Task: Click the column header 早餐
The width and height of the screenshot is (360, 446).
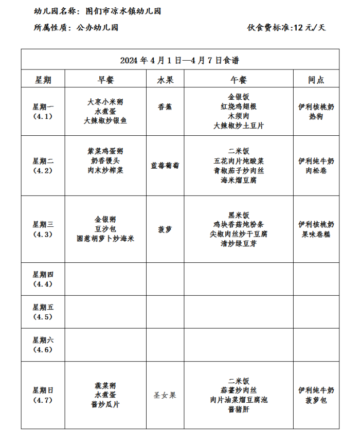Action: (106, 80)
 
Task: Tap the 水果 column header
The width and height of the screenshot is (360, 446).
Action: (165, 80)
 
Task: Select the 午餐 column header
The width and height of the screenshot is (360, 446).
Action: (239, 80)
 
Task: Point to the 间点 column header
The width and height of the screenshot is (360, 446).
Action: (316, 80)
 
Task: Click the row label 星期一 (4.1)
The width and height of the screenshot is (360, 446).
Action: (43, 112)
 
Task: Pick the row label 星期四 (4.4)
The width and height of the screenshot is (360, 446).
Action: (43, 279)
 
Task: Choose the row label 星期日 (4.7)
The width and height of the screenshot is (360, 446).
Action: (43, 395)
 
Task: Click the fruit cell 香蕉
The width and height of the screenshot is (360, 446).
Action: (165, 106)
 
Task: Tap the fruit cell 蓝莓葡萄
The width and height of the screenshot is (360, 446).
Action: (165, 165)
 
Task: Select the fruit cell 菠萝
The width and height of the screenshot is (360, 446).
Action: (165, 229)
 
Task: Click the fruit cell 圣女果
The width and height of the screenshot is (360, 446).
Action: (165, 395)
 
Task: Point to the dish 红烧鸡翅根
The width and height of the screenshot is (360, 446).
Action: (239, 106)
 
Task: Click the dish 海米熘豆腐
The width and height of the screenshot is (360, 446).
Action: (239, 181)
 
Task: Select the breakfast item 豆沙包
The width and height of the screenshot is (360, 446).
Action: (105, 228)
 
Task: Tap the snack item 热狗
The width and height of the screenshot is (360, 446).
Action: (316, 117)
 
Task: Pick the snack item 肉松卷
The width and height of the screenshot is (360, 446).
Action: (316, 170)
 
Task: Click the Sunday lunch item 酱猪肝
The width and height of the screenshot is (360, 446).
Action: (239, 409)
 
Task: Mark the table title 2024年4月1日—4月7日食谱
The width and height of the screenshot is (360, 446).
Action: (179, 60)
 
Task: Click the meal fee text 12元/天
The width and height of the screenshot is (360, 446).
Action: (309, 28)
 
